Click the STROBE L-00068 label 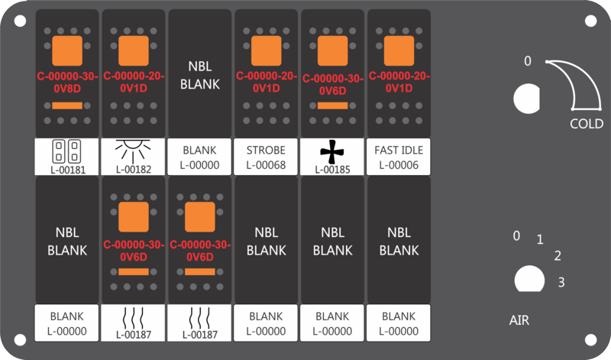(x=266, y=157)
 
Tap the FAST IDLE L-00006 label (x=399, y=157)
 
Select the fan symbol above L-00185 (x=332, y=152)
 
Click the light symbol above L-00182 (x=133, y=151)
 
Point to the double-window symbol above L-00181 (x=66, y=151)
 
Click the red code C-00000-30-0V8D (x=67, y=83)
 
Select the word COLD (x=587, y=124)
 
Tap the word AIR (x=519, y=320)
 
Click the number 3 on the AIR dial (x=561, y=282)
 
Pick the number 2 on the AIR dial (x=558, y=256)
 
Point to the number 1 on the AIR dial (x=540, y=239)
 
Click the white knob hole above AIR (x=529, y=279)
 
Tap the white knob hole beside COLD (x=527, y=99)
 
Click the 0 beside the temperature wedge (x=528, y=61)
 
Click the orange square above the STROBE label (x=266, y=50)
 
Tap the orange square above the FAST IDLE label (x=399, y=50)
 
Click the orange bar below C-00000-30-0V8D (x=67, y=105)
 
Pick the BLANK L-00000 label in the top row (x=199, y=157)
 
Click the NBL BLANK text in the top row (x=200, y=75)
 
